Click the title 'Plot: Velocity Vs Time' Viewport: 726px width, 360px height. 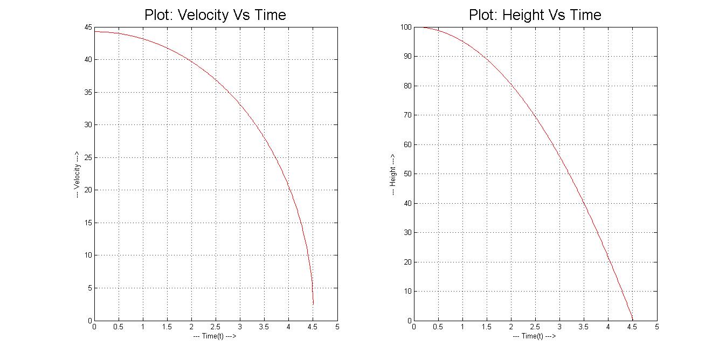pyautogui.click(x=215, y=15)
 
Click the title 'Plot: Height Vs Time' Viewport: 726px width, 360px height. pyautogui.click(x=535, y=15)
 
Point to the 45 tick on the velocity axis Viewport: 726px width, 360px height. pyautogui.click(x=88, y=27)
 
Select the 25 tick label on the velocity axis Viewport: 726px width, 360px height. pyautogui.click(x=88, y=157)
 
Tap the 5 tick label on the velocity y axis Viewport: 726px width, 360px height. pyautogui.click(x=89, y=288)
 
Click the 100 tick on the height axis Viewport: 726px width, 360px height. pyautogui.click(x=406, y=27)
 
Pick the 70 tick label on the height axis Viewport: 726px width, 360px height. pyautogui.click(x=408, y=115)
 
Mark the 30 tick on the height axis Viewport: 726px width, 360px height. pyautogui.click(x=408, y=233)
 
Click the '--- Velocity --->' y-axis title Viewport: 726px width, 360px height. pyautogui.click(x=78, y=174)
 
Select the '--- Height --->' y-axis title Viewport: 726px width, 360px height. pyautogui.click(x=393, y=174)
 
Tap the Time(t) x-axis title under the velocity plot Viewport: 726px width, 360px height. pyautogui.click(x=215, y=336)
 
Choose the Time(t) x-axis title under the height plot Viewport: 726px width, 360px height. pyautogui.click(x=534, y=336)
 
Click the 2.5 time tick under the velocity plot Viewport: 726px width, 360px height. pyautogui.click(x=216, y=327)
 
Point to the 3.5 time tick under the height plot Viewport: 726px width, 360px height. pyautogui.click(x=584, y=327)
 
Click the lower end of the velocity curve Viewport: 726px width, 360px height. pyautogui.click(x=313, y=304)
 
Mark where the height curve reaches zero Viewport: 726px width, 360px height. pyautogui.click(x=632, y=320)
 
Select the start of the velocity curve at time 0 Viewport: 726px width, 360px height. pyautogui.click(x=95, y=31)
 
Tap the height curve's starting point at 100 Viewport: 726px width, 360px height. pyautogui.click(x=414, y=27)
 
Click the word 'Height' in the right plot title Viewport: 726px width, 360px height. pyautogui.click(x=520, y=15)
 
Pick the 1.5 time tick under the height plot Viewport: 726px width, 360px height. pyautogui.click(x=487, y=327)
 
